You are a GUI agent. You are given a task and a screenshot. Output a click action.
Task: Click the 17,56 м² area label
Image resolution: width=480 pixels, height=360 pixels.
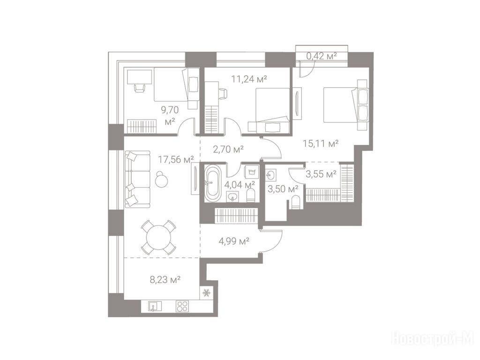(176, 159)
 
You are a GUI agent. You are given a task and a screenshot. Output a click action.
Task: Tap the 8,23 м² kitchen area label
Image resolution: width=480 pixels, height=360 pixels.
(165, 279)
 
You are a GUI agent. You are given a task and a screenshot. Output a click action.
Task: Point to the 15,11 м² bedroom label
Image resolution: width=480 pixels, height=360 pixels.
(321, 143)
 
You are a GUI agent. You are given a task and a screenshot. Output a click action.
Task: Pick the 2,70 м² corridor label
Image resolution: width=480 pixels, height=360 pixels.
(228, 149)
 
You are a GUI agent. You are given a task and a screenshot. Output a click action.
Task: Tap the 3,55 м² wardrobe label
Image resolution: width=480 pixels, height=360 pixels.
(321, 174)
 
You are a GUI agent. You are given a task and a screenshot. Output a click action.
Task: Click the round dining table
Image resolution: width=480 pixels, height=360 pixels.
(158, 237)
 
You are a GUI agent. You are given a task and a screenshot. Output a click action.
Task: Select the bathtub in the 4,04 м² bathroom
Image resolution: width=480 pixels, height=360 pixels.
(212, 183)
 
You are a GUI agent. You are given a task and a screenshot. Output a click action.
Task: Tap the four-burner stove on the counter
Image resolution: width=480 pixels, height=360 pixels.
(182, 306)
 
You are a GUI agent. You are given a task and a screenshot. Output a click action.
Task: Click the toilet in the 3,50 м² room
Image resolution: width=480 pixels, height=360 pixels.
(295, 202)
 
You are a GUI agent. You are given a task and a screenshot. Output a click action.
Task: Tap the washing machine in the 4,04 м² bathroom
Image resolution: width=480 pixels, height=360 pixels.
(252, 172)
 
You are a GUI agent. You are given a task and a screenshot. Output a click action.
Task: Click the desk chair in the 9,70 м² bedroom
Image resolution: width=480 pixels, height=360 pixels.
(139, 87)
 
